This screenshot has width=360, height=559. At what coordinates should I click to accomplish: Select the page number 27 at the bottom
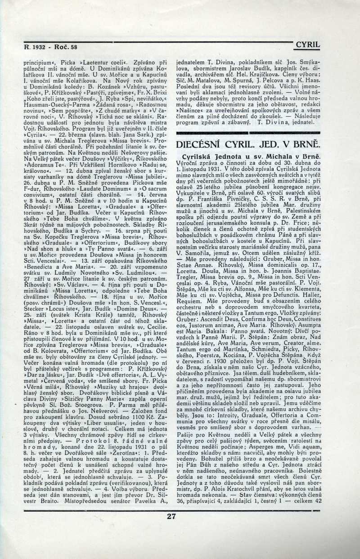coord(171,516)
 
